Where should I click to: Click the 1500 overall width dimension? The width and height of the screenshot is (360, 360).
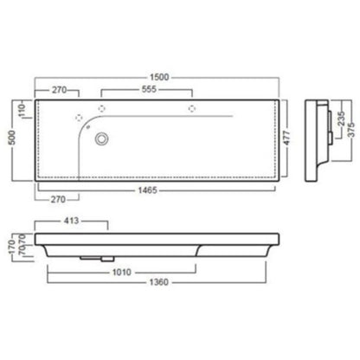click(159, 77)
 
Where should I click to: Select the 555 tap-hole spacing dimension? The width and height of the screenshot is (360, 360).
click(149, 89)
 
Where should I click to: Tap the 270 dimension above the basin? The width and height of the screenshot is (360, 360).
click(60, 90)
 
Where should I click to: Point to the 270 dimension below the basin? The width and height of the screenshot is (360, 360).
click(58, 199)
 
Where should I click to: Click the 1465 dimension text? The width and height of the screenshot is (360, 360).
click(147, 190)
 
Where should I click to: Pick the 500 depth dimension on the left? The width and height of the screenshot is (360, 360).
click(12, 138)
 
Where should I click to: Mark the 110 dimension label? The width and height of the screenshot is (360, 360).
click(22, 110)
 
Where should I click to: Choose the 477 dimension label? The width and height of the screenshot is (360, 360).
click(286, 138)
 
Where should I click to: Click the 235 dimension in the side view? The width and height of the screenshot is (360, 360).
click(341, 119)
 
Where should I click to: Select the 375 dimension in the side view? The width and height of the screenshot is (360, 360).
click(350, 130)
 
